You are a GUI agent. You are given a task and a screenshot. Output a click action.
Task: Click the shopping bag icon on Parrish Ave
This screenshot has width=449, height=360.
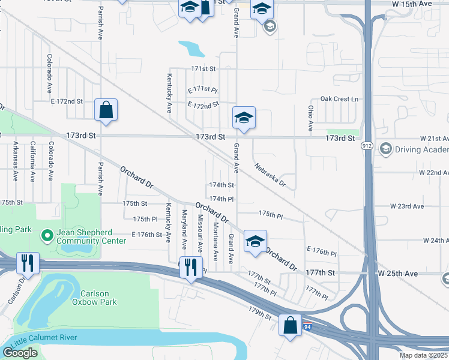[x=106, y=110]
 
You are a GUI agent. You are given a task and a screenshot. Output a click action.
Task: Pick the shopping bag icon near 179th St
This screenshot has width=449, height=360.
[x=290, y=326]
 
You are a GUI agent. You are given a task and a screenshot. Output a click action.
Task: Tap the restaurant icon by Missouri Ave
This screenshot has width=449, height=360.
[x=191, y=267]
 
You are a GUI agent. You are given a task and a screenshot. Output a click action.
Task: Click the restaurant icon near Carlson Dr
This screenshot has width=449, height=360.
[x=28, y=263]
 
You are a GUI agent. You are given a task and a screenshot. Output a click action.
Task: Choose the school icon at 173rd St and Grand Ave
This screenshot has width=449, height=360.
[x=244, y=118]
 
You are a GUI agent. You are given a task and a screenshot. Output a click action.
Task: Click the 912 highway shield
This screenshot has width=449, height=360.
[x=367, y=146]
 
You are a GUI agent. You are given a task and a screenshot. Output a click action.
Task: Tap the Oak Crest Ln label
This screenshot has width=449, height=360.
[x=339, y=98]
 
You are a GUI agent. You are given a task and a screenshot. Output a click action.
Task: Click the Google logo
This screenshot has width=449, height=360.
[x=20, y=353]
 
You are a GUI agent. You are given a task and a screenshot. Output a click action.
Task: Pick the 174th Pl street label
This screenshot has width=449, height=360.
[x=221, y=199]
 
